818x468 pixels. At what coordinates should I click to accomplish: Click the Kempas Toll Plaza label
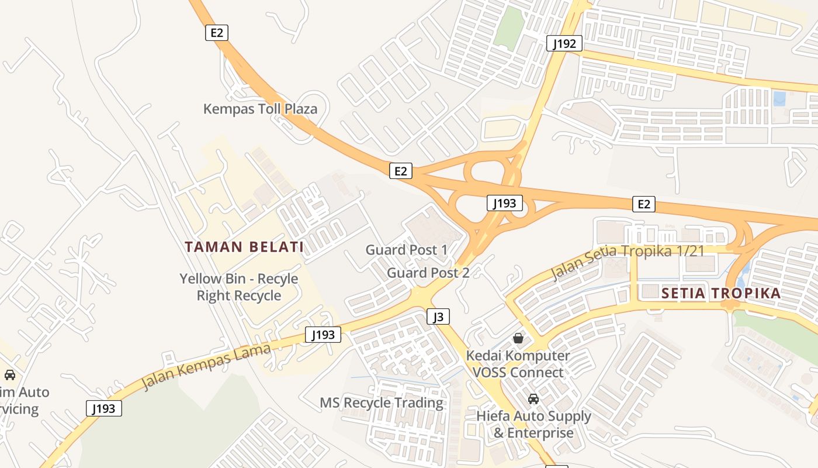[260, 109]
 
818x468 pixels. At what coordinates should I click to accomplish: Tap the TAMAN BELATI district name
[244, 247]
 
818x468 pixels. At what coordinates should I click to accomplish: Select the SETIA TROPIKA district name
[721, 294]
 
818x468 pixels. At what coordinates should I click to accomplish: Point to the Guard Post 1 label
[407, 250]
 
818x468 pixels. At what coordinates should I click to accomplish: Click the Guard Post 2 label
[428, 273]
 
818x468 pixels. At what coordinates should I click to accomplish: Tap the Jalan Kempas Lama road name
[206, 367]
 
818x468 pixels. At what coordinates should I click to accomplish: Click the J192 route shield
[564, 43]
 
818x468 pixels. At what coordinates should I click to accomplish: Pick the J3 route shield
[438, 317]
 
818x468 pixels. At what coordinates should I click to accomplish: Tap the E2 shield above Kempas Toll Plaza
[217, 32]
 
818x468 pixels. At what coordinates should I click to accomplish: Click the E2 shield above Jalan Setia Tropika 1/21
[643, 204]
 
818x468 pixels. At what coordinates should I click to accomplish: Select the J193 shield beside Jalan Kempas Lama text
[323, 335]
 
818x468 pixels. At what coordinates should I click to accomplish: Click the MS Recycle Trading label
[382, 403]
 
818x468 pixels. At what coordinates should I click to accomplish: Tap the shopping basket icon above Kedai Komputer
[518, 338]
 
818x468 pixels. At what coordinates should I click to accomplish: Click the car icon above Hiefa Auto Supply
[533, 399]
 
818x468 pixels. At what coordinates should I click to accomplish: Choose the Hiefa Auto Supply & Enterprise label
[533, 425]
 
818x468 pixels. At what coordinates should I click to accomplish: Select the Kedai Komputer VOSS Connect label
[518, 364]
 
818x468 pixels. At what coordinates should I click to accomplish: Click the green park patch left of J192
[509, 26]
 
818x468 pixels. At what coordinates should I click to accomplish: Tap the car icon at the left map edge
[10, 375]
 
